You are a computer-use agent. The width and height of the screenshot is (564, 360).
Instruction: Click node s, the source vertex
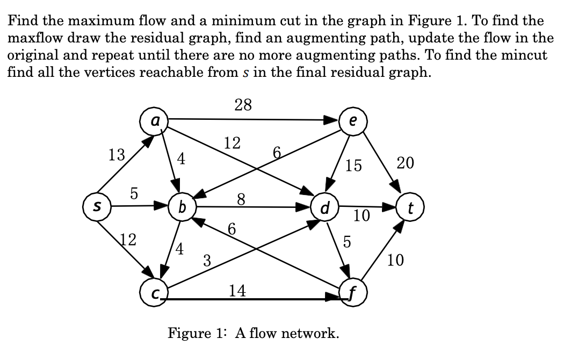(97, 206)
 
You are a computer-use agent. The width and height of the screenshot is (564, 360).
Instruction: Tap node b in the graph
(182, 206)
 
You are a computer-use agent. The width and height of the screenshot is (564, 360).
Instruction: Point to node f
(353, 293)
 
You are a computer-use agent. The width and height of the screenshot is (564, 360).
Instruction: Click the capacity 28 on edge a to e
(243, 105)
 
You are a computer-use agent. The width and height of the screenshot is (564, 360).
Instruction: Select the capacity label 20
(405, 163)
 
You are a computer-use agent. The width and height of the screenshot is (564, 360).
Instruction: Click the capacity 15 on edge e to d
(353, 165)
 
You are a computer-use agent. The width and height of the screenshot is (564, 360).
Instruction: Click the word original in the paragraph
(32, 55)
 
